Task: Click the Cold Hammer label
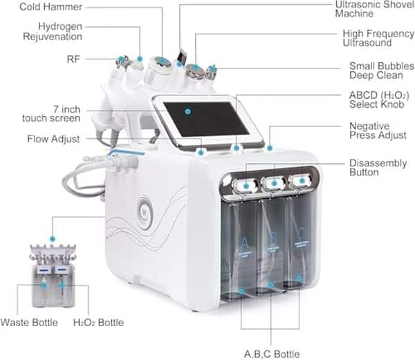(51, 7)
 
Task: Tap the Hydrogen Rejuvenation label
(51, 31)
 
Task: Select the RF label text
(73, 59)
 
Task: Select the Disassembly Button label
(373, 168)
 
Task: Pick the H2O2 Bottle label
(98, 323)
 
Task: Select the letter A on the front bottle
(243, 242)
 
